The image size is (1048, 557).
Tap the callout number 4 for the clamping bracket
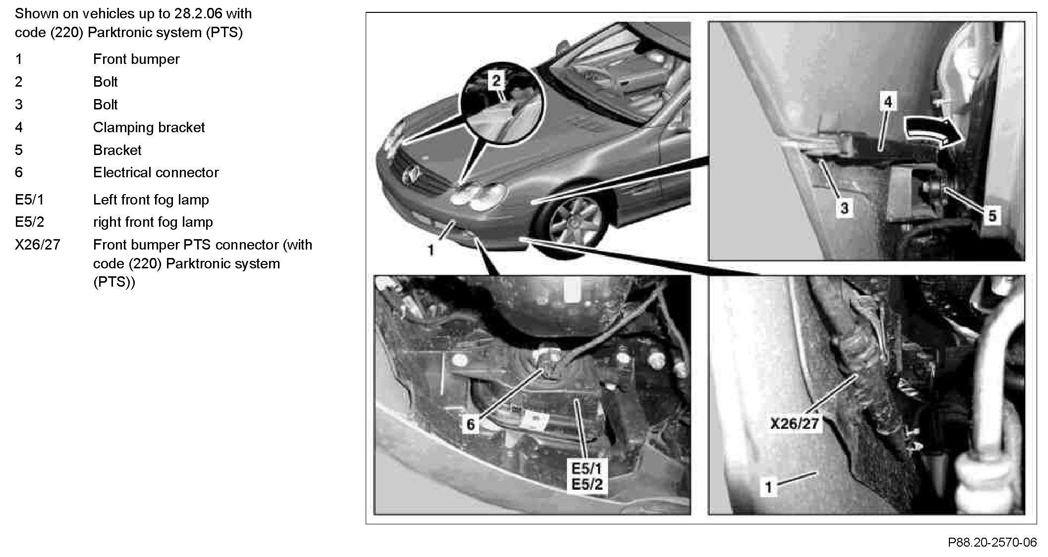coord(888,102)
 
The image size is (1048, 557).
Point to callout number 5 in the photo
coord(992,215)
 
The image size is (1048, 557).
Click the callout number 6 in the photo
coord(471,424)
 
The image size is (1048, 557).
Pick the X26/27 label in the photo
coord(795,424)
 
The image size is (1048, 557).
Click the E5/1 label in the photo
coord(587,468)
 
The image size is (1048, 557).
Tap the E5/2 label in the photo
coord(587,484)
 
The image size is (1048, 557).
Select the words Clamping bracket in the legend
coord(149,127)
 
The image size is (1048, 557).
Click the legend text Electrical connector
coord(156,172)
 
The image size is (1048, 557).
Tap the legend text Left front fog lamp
coord(151,200)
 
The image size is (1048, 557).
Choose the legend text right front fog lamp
coord(153,222)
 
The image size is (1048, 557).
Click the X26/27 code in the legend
coord(38,245)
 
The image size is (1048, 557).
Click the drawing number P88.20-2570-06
coord(992,542)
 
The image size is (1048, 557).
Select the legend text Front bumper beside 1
coord(136,59)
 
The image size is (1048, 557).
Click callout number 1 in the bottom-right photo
coord(769,487)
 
